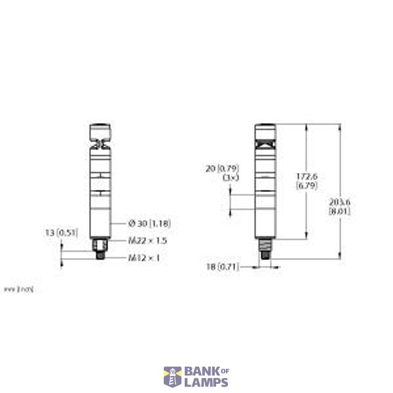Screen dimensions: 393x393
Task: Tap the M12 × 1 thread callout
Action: [x=143, y=257]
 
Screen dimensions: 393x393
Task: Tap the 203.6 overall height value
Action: [x=339, y=203]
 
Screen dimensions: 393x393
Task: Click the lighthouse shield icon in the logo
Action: [x=172, y=377]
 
